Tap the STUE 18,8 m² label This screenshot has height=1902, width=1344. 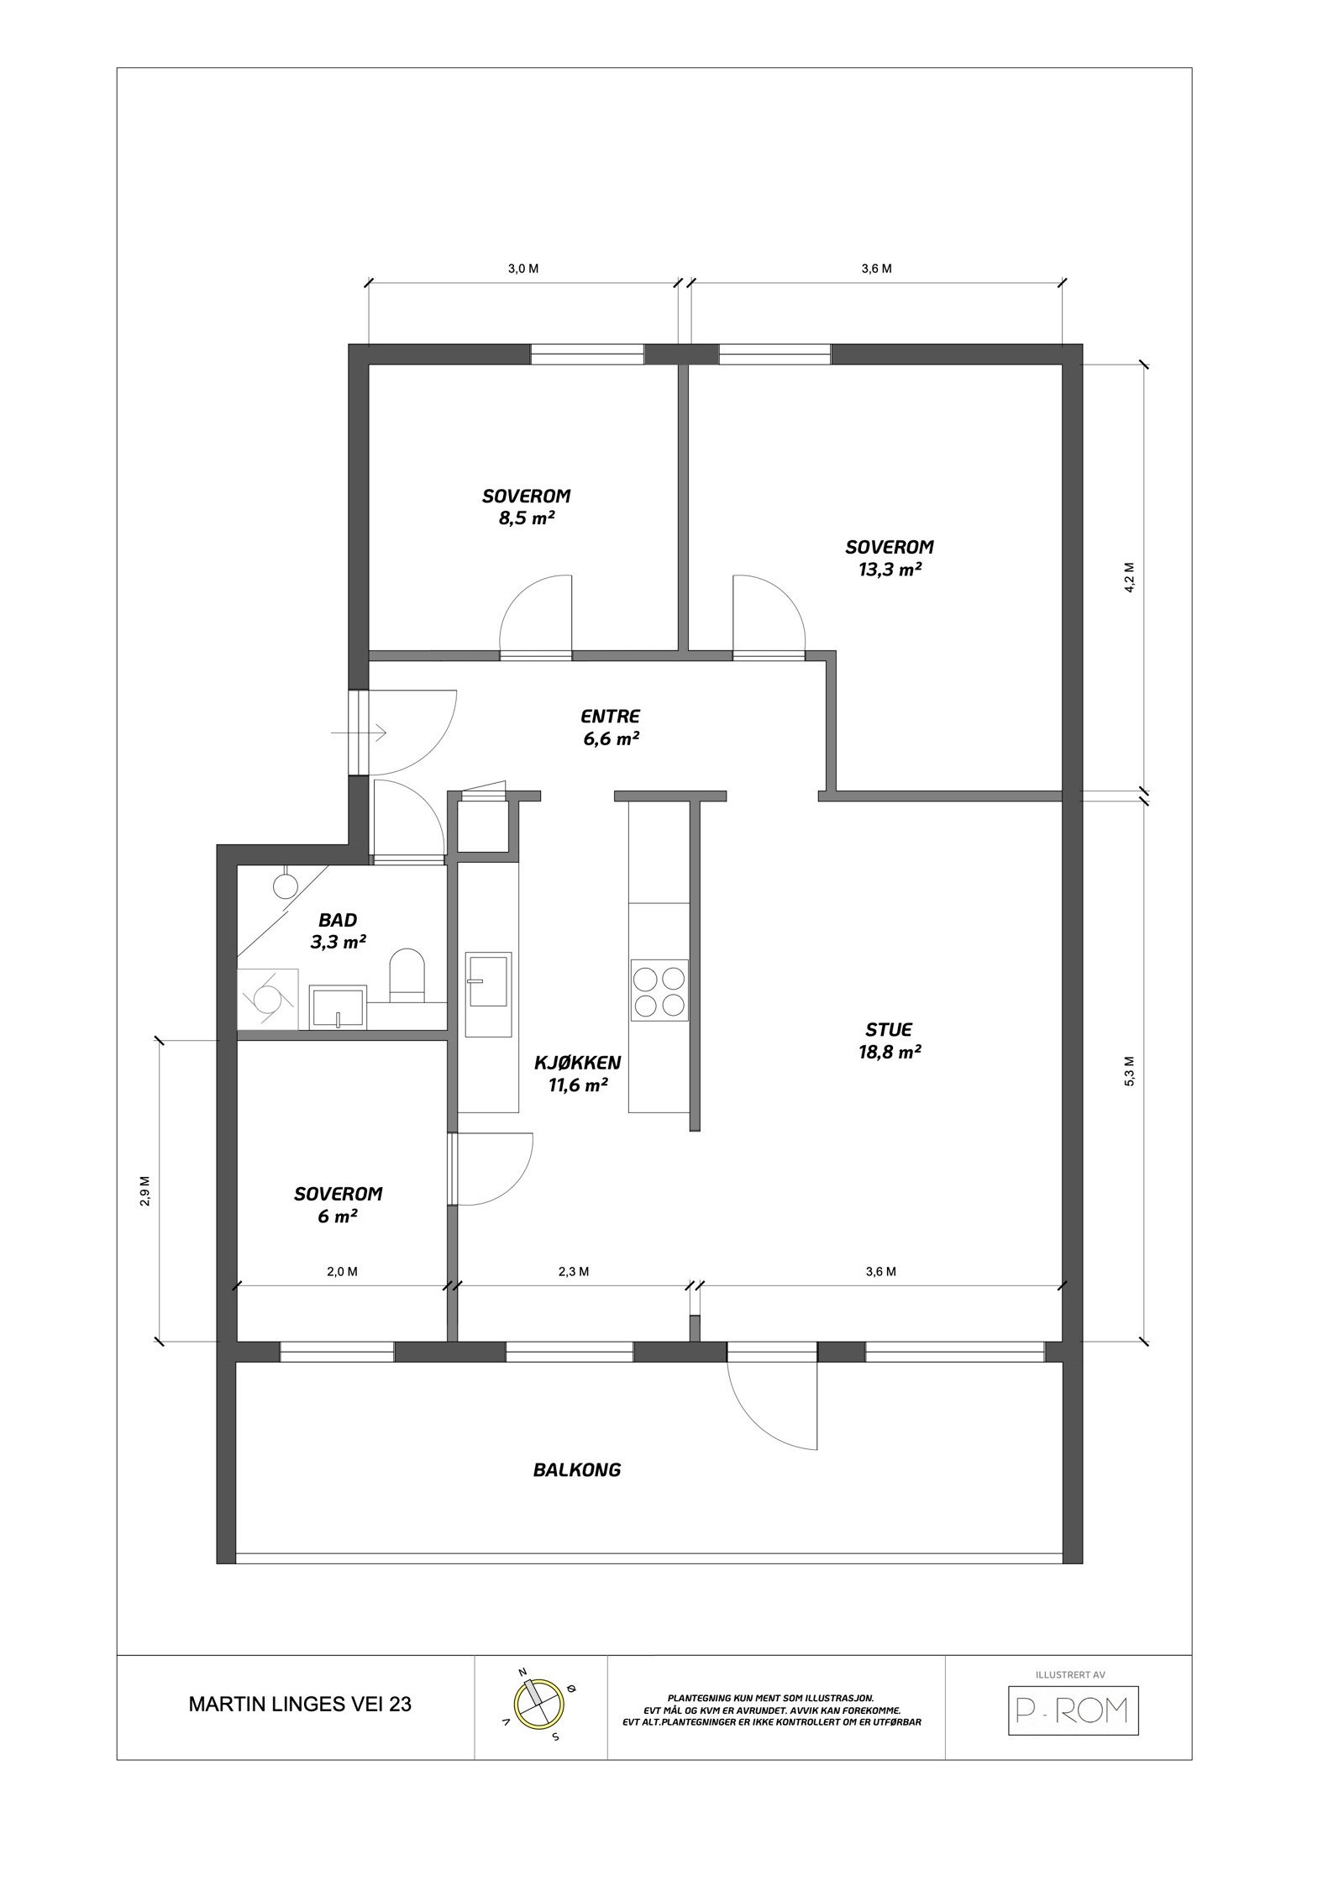point(889,1040)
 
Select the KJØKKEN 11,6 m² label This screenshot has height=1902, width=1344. point(578,1074)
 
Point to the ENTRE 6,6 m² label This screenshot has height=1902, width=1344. point(611,728)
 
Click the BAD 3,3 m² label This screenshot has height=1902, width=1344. point(338,931)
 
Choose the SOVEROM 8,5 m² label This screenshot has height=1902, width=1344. point(527,507)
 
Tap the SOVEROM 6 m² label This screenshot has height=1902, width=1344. point(338,1204)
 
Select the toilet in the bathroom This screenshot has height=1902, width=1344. point(407,975)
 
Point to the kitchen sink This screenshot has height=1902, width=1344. point(489,980)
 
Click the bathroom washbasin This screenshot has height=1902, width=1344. point(337,1008)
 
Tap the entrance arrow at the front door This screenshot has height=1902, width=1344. point(358,733)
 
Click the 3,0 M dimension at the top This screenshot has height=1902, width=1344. point(522,269)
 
